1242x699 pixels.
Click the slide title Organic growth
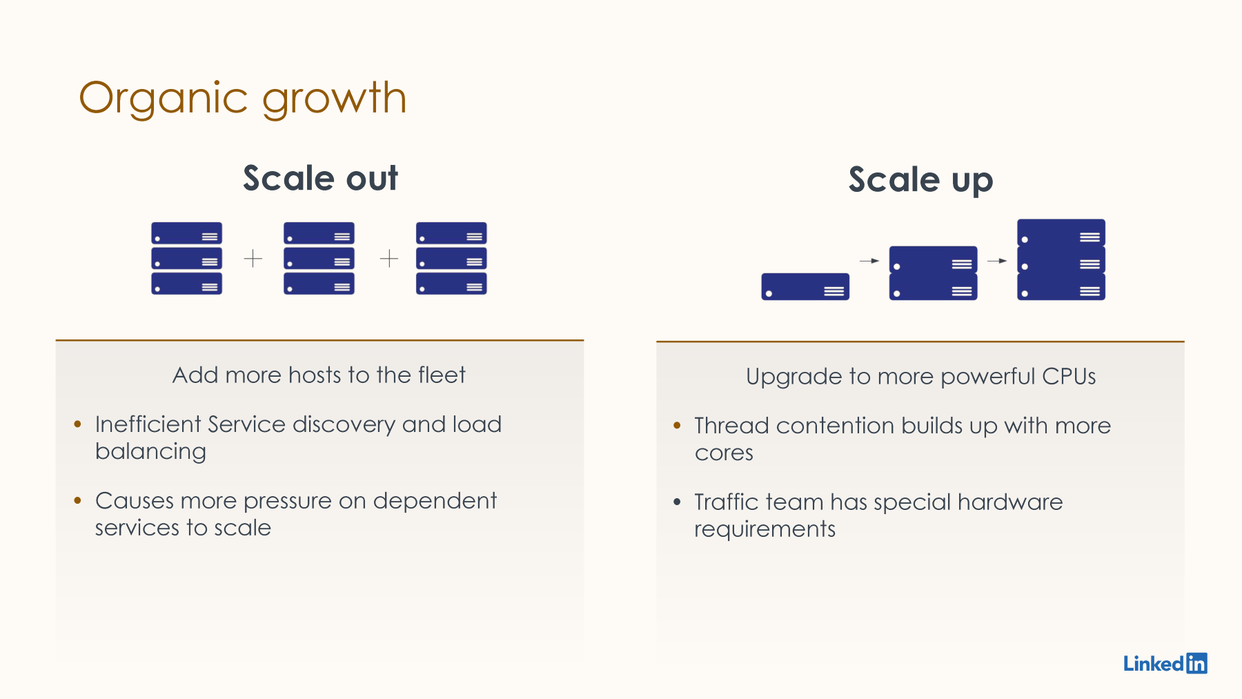pyautogui.click(x=243, y=99)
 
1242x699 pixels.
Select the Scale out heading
pyautogui.click(x=321, y=178)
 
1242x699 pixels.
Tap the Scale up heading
pyautogui.click(x=920, y=181)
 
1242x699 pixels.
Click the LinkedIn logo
pyautogui.click(x=1165, y=663)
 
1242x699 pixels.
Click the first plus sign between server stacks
pyautogui.click(x=253, y=259)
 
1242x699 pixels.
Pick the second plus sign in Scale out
pyautogui.click(x=389, y=259)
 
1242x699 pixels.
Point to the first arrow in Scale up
pyautogui.click(x=869, y=261)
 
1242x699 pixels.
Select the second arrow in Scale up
pyautogui.click(x=997, y=261)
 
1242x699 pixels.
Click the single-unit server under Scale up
pyautogui.click(x=805, y=286)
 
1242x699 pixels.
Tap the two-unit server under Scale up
pyautogui.click(x=933, y=273)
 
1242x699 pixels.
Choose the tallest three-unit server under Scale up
pyautogui.click(x=1061, y=259)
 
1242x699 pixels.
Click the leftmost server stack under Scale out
pyautogui.click(x=186, y=259)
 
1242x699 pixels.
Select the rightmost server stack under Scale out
pyautogui.click(x=451, y=259)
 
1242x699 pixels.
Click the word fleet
pyautogui.click(x=442, y=375)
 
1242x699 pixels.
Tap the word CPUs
pyautogui.click(x=1069, y=377)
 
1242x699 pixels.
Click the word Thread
pyautogui.click(x=731, y=426)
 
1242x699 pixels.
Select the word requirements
pyautogui.click(x=765, y=530)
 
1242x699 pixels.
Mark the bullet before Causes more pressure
pyautogui.click(x=77, y=500)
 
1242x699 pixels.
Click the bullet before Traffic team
pyautogui.click(x=677, y=502)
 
